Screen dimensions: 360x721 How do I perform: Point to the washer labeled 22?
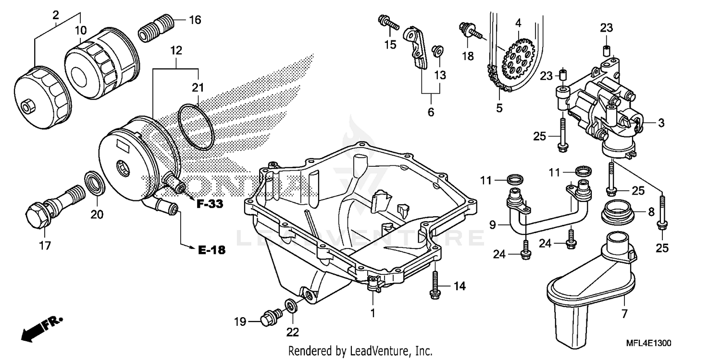[291, 306]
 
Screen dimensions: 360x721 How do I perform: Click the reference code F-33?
[210, 204]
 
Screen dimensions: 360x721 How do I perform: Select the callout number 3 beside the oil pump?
[661, 123]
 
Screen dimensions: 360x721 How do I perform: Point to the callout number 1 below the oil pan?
[373, 312]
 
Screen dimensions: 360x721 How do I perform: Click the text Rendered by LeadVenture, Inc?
[360, 351]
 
